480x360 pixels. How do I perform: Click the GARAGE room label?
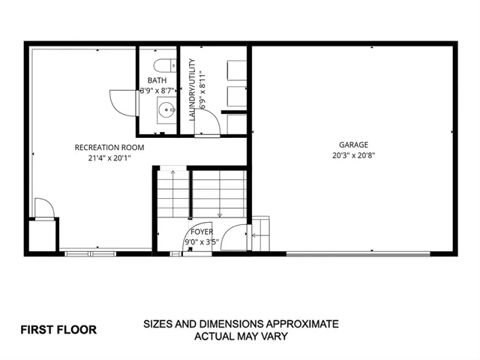352,145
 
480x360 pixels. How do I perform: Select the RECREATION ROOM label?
109,147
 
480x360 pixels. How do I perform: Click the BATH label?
157,79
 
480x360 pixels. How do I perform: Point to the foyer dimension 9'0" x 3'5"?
202,241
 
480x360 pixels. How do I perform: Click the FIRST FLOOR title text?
58,329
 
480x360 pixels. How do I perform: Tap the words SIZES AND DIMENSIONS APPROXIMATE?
241,325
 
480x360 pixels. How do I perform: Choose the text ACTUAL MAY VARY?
241,337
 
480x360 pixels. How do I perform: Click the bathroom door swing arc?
122,103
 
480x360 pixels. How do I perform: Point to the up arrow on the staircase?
172,174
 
